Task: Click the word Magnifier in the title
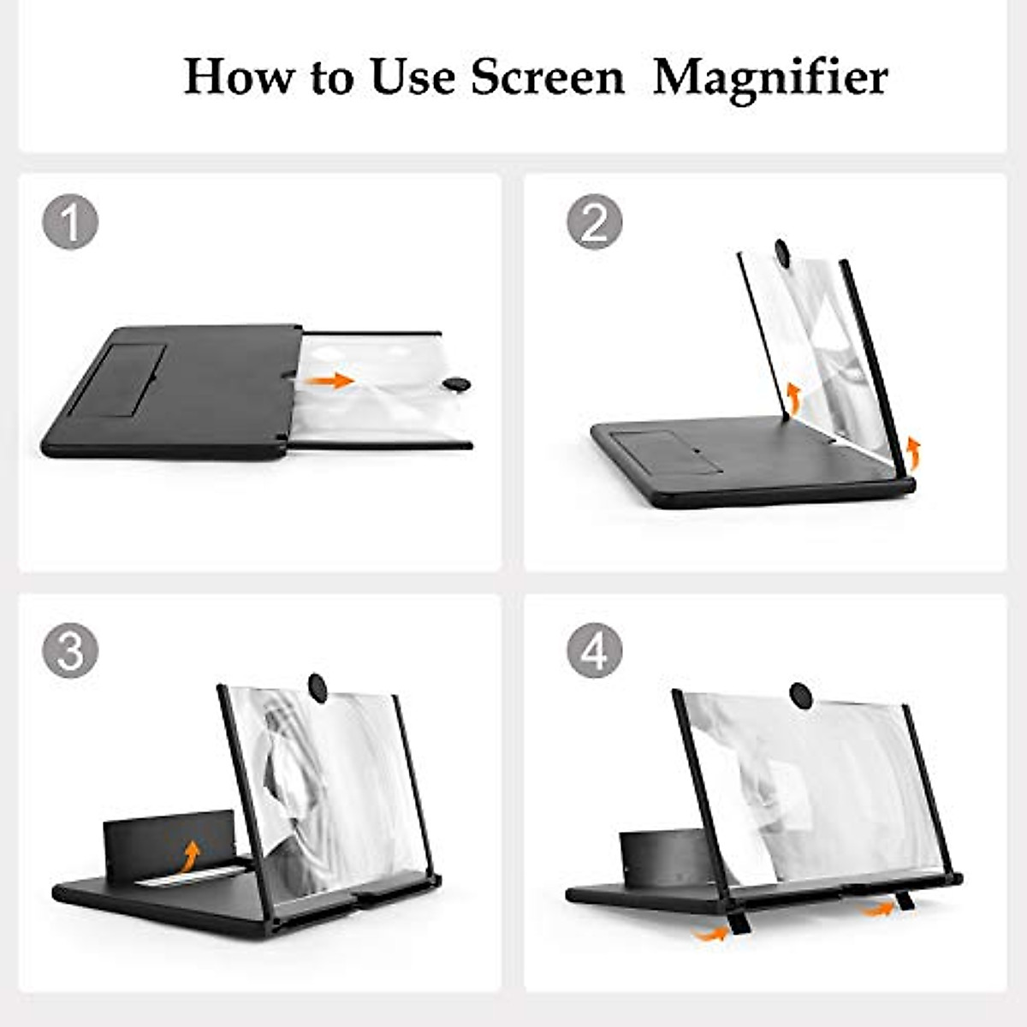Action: (770, 79)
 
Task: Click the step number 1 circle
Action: (70, 222)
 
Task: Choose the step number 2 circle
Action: (595, 222)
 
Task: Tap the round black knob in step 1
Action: (458, 384)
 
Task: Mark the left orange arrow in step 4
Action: (710, 933)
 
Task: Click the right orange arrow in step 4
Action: (876, 910)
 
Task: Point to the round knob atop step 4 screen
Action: (801, 694)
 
